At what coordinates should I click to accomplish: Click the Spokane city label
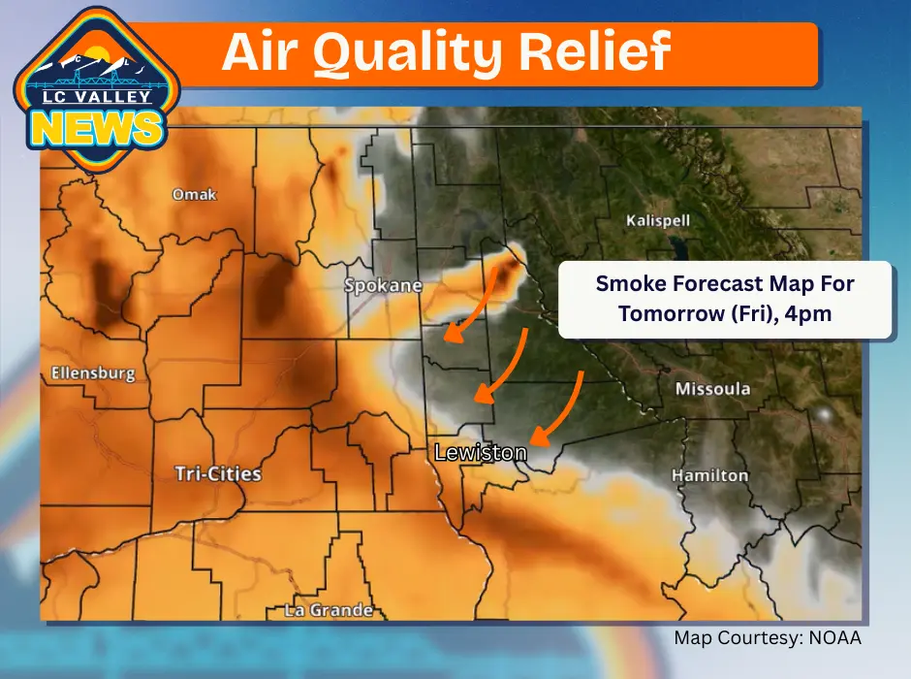tap(384, 286)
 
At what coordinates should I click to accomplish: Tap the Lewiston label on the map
tap(480, 453)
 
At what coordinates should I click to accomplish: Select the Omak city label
tap(194, 195)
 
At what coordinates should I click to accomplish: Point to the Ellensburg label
tap(93, 372)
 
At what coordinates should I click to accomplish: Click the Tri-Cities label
tap(217, 473)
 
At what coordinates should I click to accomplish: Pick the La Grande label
tap(329, 610)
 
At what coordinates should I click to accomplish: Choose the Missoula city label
tap(713, 389)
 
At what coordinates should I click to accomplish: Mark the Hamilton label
tap(710, 475)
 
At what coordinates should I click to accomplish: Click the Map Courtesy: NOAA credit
tap(768, 638)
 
